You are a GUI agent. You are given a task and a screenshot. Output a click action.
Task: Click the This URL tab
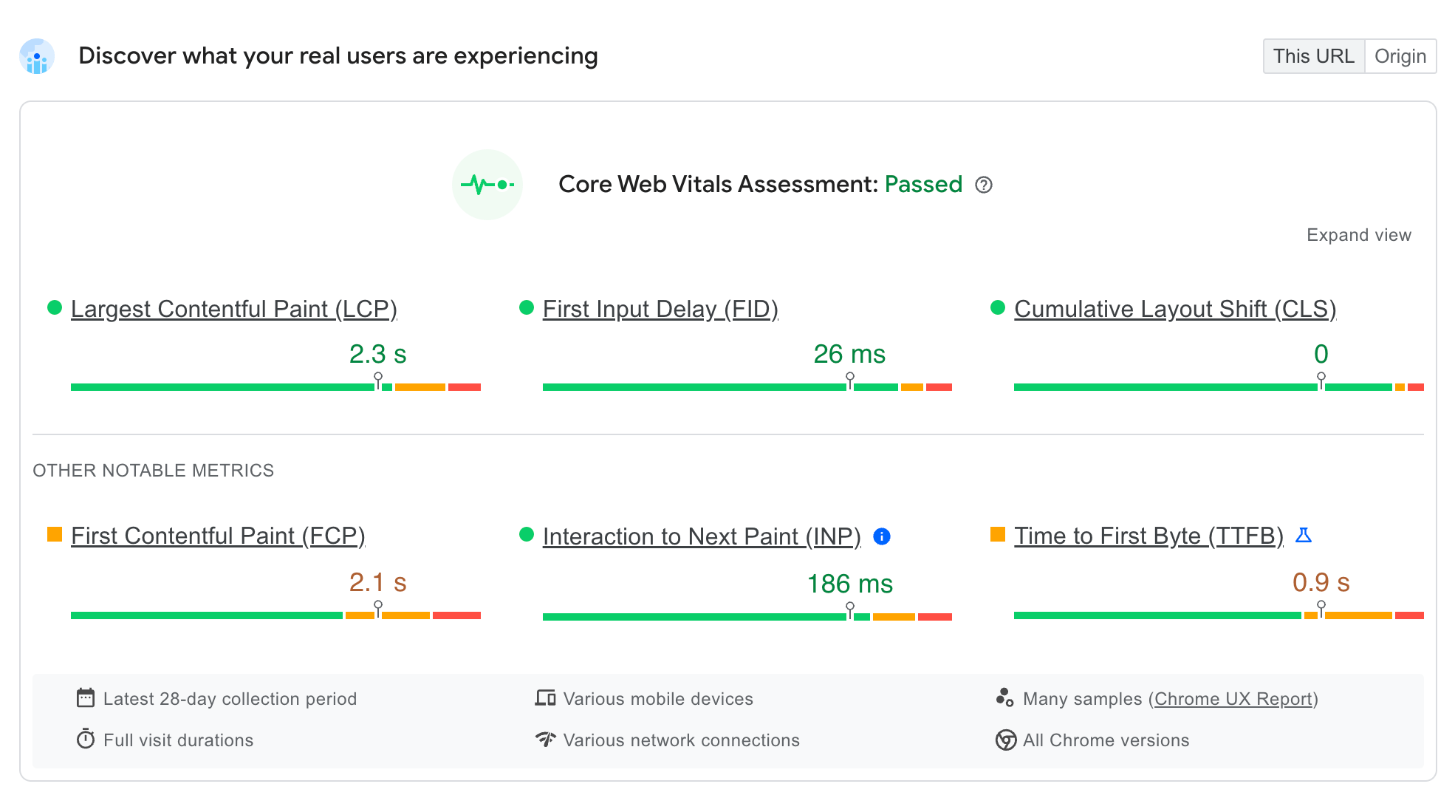click(x=1313, y=56)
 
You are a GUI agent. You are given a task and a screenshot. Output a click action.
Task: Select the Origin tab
click(x=1400, y=56)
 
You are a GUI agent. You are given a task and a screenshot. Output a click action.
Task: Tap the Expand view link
click(x=1358, y=235)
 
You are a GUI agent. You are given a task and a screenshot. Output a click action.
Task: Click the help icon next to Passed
click(x=983, y=185)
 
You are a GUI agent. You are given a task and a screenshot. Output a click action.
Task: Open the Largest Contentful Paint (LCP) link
click(x=233, y=309)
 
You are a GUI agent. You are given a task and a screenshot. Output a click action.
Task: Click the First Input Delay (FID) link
click(x=660, y=309)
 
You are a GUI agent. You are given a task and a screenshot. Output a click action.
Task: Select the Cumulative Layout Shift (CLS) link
click(x=1174, y=309)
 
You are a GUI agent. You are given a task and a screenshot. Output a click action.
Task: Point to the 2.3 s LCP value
click(x=377, y=355)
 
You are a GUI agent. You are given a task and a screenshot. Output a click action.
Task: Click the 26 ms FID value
click(x=849, y=355)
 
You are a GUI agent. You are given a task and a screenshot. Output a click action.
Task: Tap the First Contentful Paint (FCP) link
click(x=218, y=536)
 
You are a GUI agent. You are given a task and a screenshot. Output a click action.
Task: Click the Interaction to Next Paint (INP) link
click(x=701, y=536)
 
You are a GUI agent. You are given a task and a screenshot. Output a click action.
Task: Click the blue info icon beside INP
click(x=881, y=536)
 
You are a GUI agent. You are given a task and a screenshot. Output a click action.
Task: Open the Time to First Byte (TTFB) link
click(x=1148, y=536)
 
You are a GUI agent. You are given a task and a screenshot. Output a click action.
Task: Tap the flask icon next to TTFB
click(x=1304, y=535)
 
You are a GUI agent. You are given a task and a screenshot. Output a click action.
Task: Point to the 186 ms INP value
click(x=849, y=584)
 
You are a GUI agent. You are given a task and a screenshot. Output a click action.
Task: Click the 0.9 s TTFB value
click(x=1321, y=582)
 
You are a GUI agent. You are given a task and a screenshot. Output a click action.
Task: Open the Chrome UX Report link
click(x=1233, y=699)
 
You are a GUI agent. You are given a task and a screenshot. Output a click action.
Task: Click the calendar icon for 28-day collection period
click(x=86, y=698)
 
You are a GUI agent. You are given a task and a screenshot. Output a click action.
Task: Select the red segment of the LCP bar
click(x=464, y=387)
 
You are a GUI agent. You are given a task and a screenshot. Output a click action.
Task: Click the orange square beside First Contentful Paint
click(x=55, y=534)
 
